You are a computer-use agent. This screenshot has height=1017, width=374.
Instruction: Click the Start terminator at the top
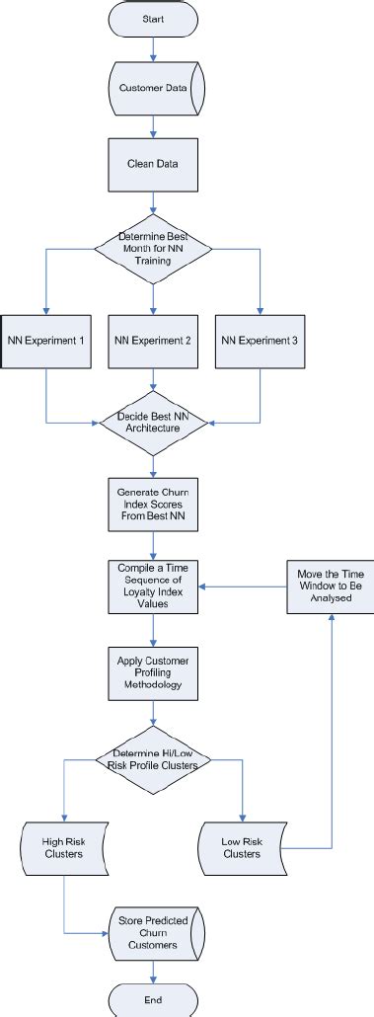[x=152, y=19]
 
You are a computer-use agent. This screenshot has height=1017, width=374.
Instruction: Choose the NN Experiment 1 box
[x=45, y=341]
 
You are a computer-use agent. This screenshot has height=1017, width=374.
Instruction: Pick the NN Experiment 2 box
[x=152, y=341]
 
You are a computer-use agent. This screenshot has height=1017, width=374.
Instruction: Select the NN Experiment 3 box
[x=260, y=341]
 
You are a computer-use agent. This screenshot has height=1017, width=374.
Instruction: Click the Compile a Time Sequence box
[x=152, y=587]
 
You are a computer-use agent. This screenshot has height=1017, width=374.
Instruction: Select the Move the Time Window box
[x=330, y=587]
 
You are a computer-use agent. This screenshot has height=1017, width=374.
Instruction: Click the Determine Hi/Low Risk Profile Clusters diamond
[x=152, y=759]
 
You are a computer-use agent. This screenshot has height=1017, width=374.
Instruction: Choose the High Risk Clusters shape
[x=63, y=846]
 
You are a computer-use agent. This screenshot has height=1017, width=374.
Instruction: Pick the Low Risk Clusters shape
[x=242, y=846]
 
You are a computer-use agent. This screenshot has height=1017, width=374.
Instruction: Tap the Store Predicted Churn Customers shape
[x=152, y=930]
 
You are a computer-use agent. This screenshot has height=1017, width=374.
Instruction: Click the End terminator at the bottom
[x=152, y=999]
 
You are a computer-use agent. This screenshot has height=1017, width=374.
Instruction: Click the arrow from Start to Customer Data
[x=152, y=50]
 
